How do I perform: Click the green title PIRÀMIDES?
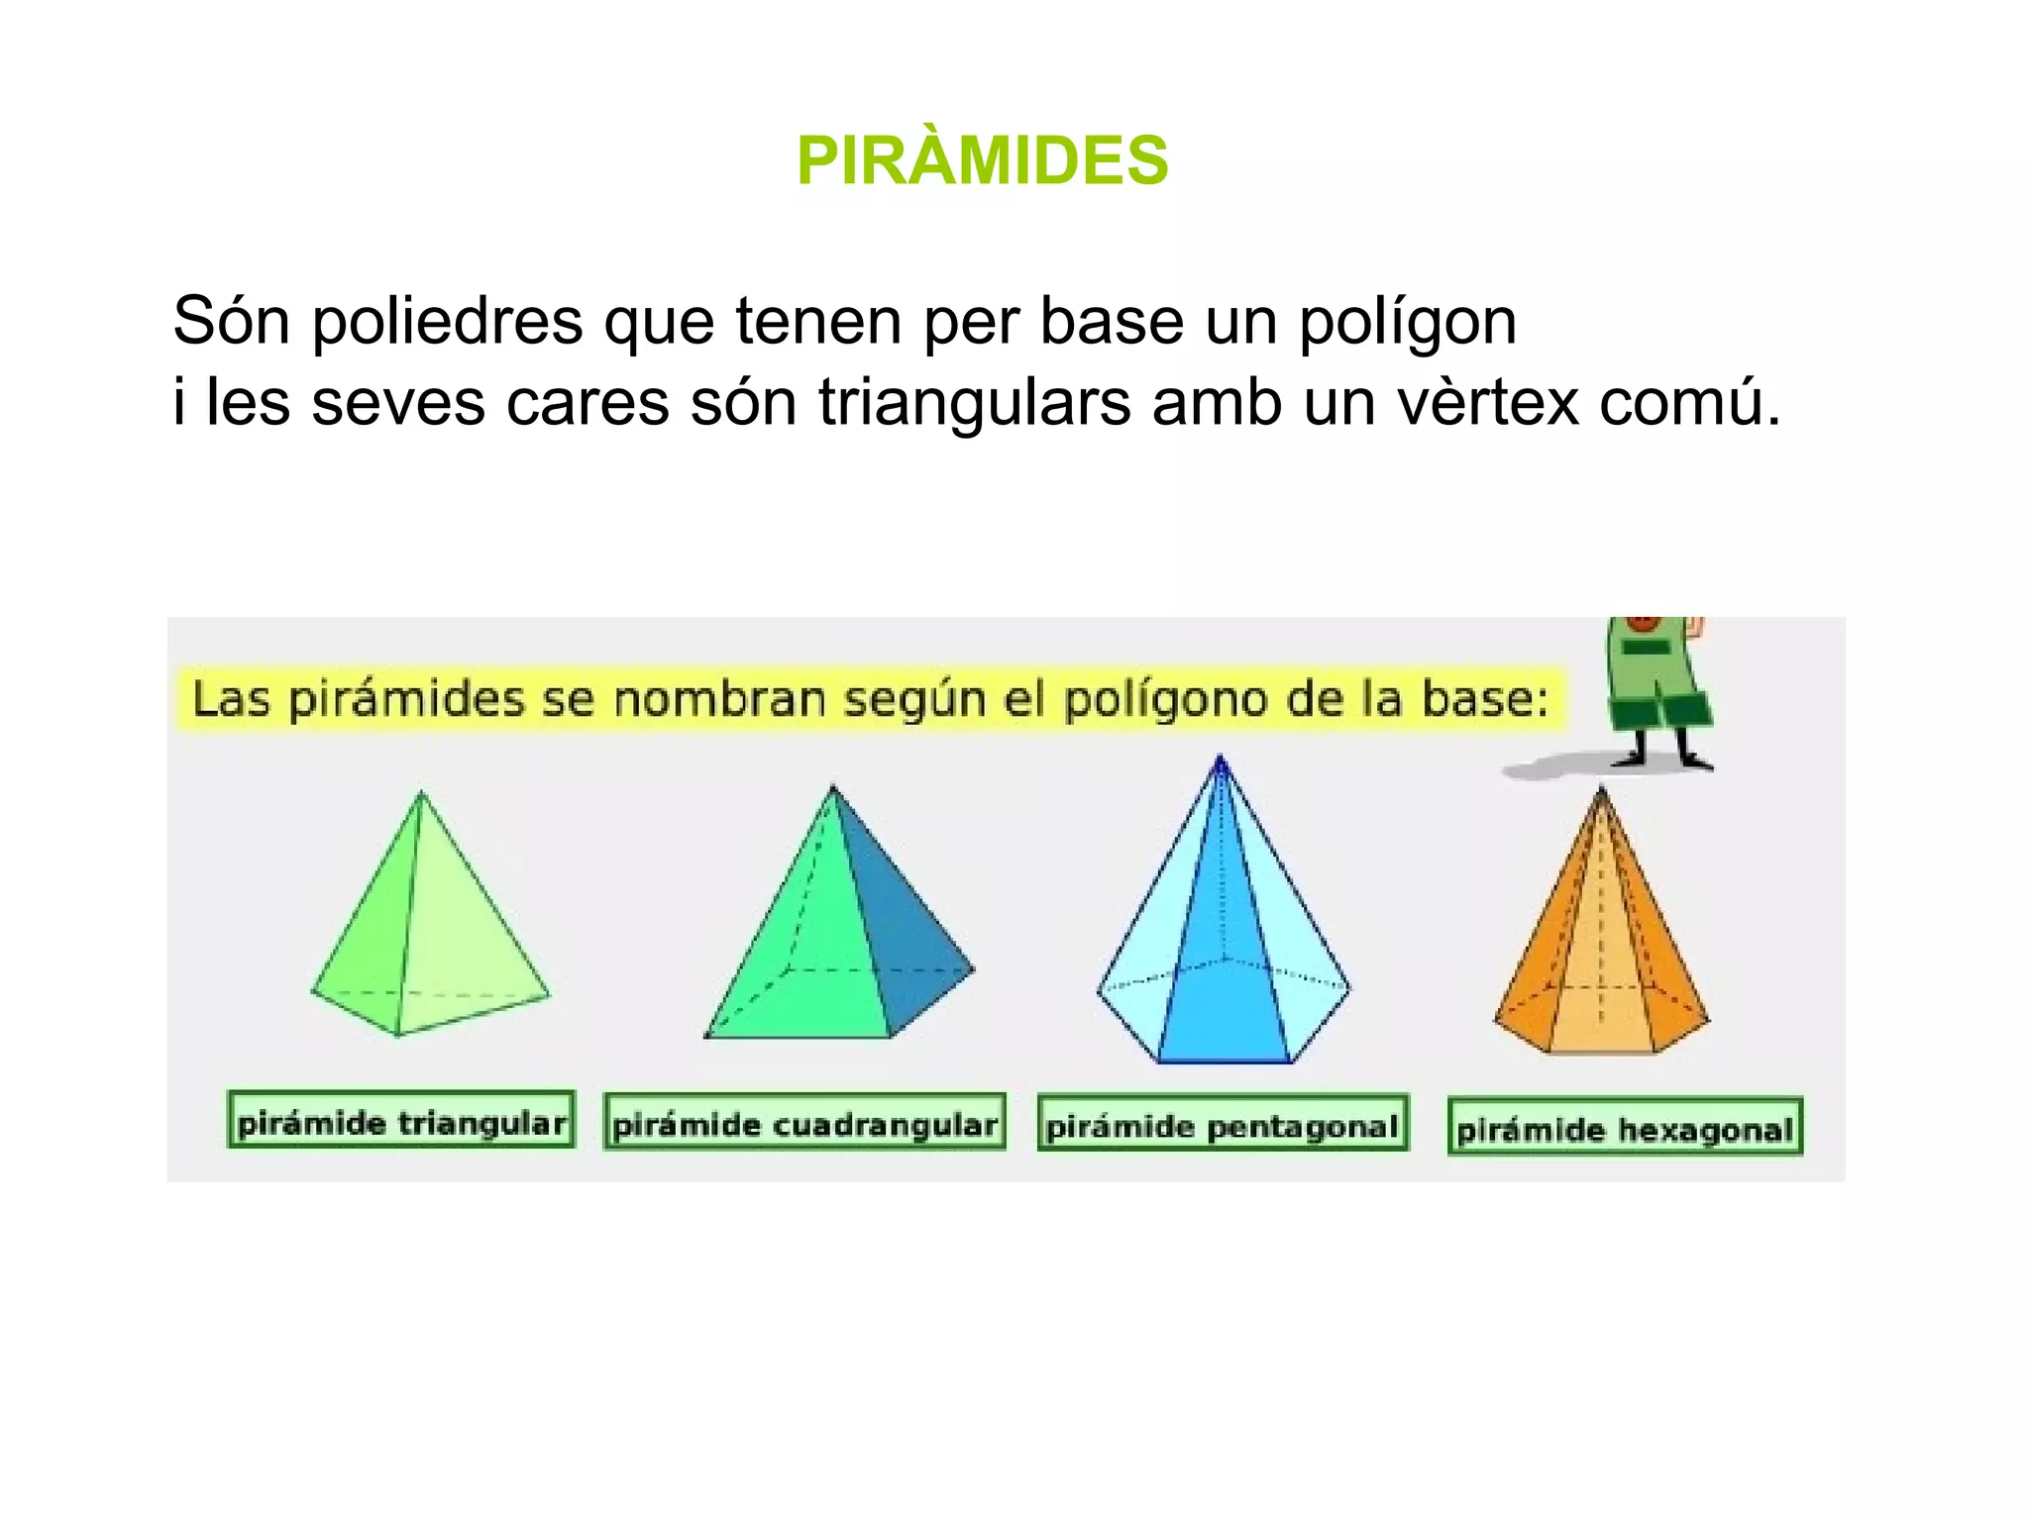pos(982,160)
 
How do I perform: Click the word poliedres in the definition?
pos(447,321)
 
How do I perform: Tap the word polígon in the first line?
pos(1408,323)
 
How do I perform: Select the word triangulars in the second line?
pos(975,402)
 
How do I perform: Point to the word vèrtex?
pos(1487,402)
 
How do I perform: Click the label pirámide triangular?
pos(401,1121)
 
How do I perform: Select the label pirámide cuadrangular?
pos(804,1123)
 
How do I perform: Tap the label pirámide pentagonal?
pos(1223,1125)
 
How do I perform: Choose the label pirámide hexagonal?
pos(1625,1128)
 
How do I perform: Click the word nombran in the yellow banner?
pos(720,699)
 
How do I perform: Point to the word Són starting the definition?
pos(232,321)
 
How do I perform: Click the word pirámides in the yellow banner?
pos(406,699)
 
